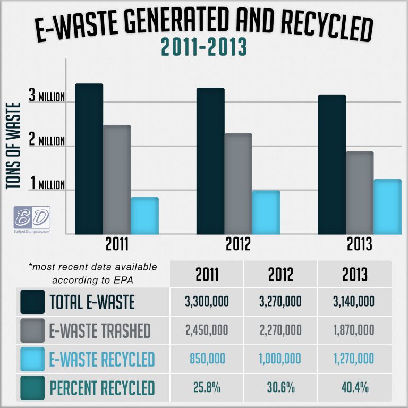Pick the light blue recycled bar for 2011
[x=144, y=215]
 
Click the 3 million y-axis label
[x=47, y=97]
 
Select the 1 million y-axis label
[x=47, y=184]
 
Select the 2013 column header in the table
[x=355, y=275]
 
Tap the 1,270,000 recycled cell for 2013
[x=355, y=359]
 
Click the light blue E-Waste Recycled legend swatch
[x=31, y=359]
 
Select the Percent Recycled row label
[x=103, y=388]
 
